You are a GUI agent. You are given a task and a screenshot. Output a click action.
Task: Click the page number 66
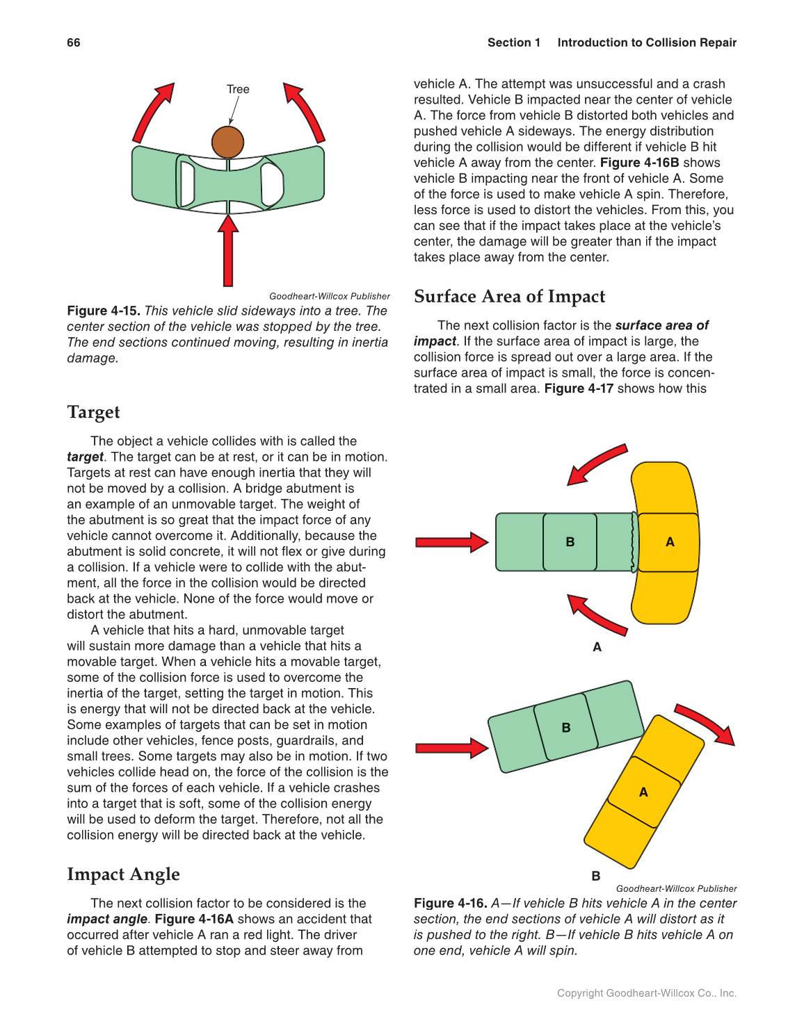[74, 42]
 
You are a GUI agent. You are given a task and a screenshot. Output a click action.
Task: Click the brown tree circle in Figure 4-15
[227, 142]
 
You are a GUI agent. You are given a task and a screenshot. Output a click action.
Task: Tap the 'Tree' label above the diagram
[238, 89]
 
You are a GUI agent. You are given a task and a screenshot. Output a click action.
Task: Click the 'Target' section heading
[93, 412]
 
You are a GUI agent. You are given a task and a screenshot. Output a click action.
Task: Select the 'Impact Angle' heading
[123, 874]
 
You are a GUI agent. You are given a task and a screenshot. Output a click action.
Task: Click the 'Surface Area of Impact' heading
[509, 297]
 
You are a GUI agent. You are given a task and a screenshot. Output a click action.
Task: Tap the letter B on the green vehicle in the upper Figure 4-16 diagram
[570, 542]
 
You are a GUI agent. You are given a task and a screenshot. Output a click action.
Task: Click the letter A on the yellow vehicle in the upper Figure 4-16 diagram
[670, 542]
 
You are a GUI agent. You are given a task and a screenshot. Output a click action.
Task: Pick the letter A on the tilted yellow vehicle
[643, 792]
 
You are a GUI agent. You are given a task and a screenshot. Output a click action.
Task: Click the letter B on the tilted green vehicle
[565, 728]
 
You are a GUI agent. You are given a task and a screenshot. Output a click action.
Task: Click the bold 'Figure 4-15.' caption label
[104, 311]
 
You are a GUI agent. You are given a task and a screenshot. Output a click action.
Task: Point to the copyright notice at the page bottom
[646, 993]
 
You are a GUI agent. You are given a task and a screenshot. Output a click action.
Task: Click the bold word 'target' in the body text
[85, 457]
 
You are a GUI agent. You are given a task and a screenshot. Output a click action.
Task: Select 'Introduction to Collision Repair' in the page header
[646, 42]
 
